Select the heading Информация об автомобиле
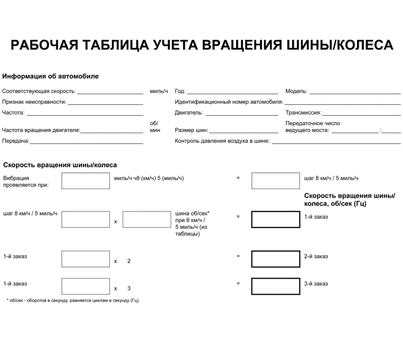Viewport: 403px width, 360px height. tap(51, 76)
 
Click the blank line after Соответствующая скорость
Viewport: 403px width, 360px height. tap(110, 92)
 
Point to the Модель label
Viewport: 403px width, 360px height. tap(296, 92)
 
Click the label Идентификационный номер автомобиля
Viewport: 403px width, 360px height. tap(229, 102)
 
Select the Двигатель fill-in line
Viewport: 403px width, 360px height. tap(242, 113)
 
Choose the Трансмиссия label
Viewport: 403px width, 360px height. tap(303, 113)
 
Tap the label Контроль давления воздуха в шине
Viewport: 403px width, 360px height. tap(222, 141)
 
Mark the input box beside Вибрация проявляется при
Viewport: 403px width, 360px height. tap(85, 181)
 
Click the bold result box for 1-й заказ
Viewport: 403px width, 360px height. tap(275, 220)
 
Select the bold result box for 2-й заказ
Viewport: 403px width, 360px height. tap(275, 259)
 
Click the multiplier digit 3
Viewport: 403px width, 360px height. tap(128, 288)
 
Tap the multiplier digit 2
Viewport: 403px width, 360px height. tap(128, 261)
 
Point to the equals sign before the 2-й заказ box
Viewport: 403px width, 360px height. tap(238, 256)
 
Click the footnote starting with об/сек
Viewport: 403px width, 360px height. tap(73, 300)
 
